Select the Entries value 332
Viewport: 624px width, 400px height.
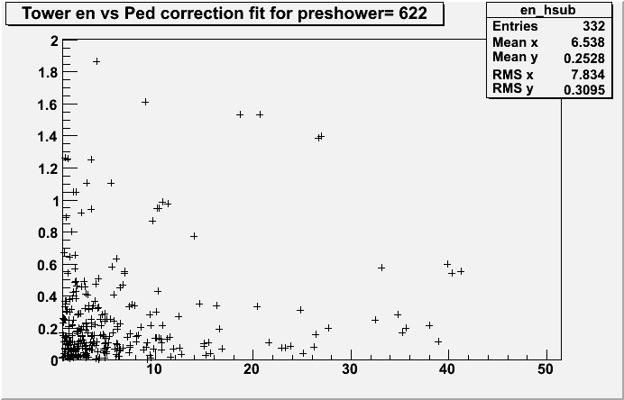591,27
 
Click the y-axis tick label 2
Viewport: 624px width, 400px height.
55,41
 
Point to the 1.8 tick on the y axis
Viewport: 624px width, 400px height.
50,73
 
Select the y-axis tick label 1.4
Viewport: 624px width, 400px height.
50,137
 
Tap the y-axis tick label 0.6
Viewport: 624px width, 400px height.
50,264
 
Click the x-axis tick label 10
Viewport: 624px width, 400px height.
154,370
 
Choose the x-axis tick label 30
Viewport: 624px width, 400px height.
350,370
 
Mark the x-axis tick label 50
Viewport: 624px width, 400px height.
546,370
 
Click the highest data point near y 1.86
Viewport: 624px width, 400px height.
96,61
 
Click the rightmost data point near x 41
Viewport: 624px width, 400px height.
461,270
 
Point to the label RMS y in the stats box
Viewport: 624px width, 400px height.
512,88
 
